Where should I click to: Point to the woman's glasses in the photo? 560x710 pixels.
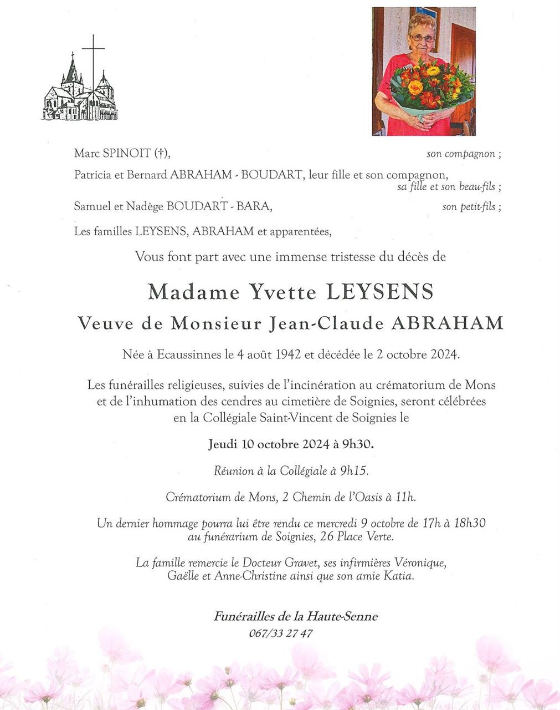tap(422, 38)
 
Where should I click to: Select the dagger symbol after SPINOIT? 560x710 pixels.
tap(161, 154)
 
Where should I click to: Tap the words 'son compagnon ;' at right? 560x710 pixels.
tap(464, 154)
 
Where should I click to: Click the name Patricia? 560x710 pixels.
tap(93, 175)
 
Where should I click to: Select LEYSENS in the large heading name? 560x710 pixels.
tap(380, 292)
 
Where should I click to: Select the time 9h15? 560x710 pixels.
tap(354, 471)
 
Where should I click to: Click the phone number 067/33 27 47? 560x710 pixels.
tap(281, 633)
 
